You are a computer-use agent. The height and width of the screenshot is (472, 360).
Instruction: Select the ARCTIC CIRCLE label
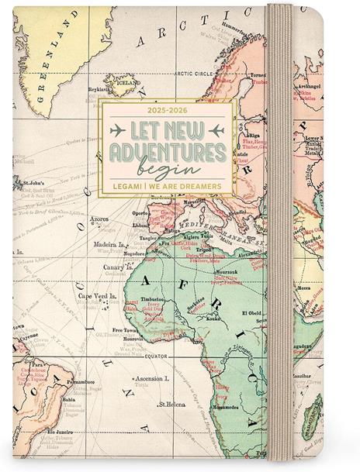[195, 74]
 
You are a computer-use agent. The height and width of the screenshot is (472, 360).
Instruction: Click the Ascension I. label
[152, 379]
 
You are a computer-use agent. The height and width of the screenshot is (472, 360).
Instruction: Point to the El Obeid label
[254, 313]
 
